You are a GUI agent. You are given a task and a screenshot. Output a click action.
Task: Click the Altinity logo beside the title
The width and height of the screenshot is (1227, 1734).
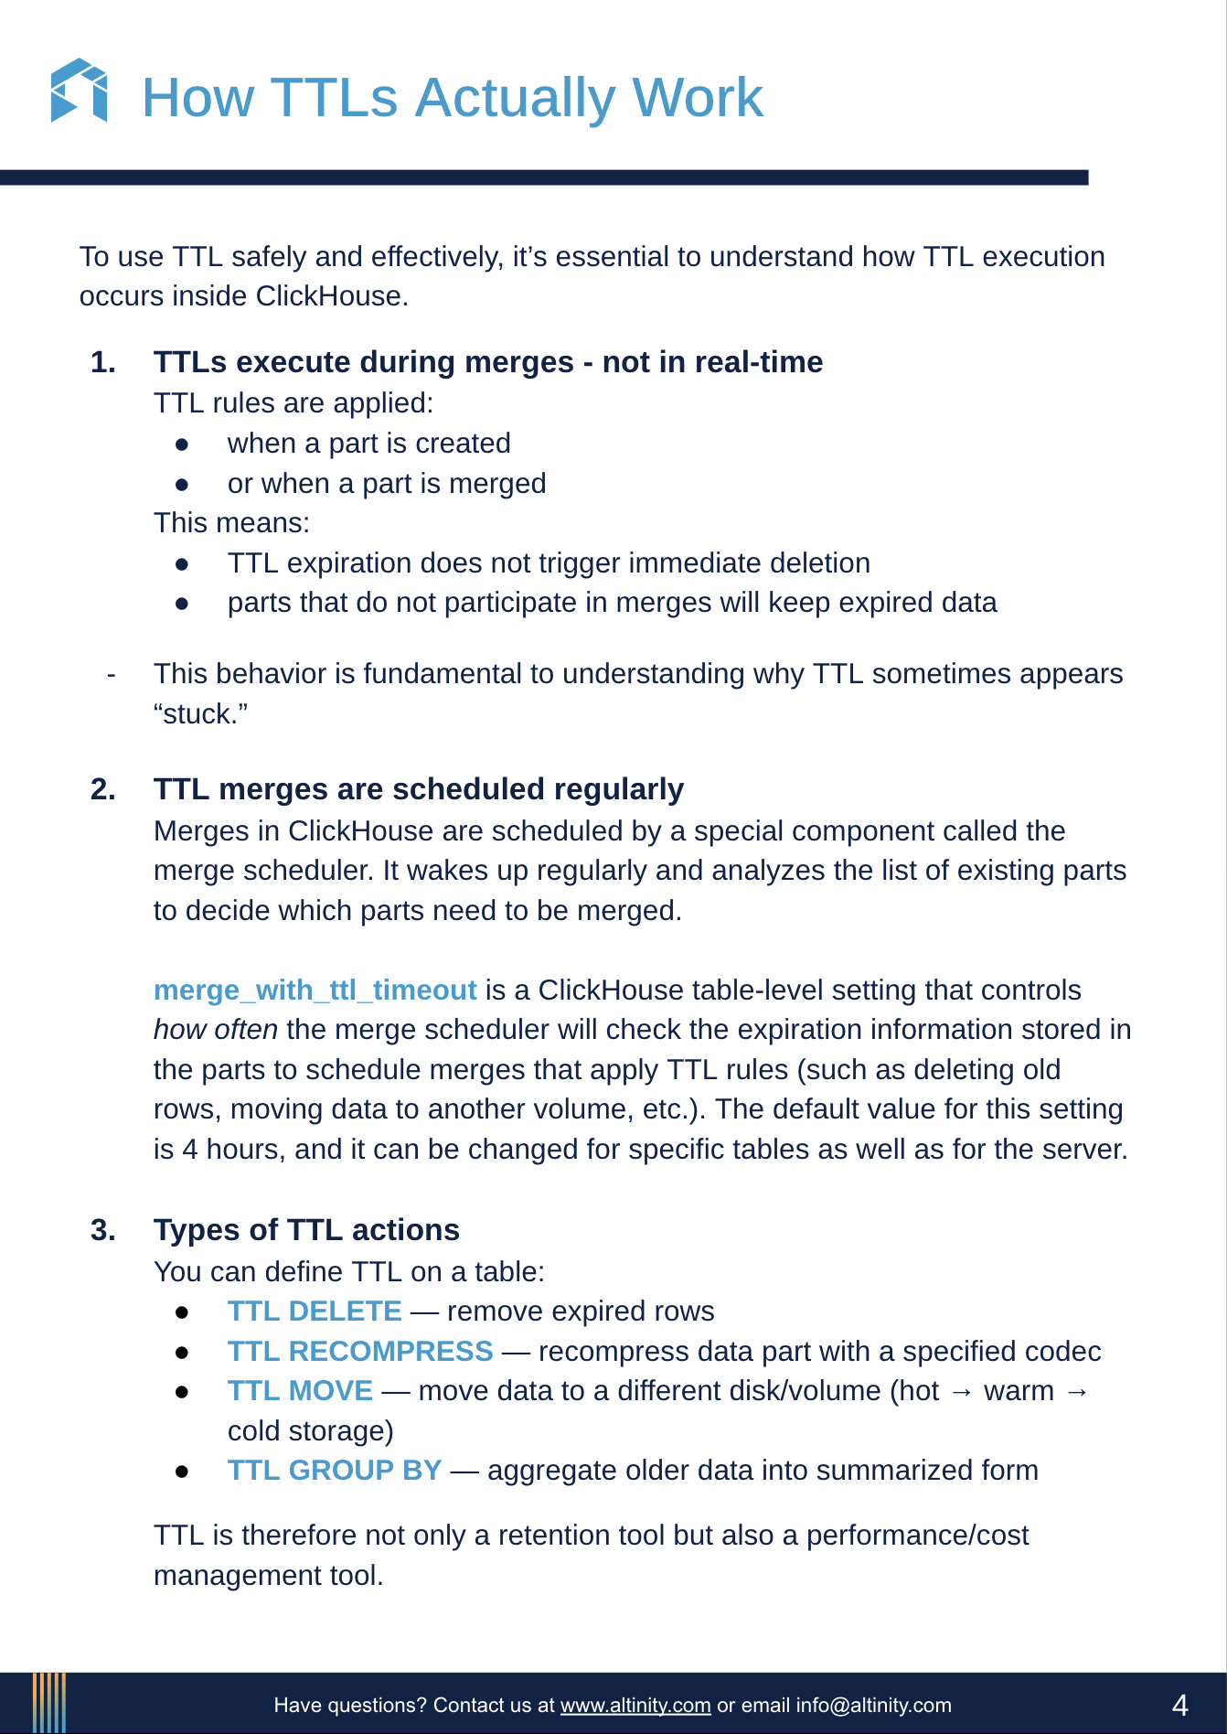point(79,91)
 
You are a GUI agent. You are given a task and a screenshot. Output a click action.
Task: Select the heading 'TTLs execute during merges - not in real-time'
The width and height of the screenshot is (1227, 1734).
point(487,362)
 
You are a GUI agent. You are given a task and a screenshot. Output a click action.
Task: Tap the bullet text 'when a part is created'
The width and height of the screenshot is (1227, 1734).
point(368,444)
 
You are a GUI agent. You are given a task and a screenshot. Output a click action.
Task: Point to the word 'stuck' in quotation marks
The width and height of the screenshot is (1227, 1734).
point(201,714)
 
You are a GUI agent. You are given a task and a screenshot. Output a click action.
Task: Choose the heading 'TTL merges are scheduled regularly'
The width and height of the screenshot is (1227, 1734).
point(418,789)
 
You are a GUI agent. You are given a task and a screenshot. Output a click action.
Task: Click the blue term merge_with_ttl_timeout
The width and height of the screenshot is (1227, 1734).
point(315,990)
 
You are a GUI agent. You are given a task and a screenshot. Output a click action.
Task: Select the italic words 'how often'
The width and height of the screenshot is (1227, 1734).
point(215,1030)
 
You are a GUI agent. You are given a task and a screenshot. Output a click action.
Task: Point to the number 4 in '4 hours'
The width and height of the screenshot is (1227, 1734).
point(190,1150)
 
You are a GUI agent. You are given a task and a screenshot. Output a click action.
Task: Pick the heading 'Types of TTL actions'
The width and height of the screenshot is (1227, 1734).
point(306,1230)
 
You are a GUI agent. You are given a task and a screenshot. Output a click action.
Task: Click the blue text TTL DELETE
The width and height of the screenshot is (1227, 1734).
point(315,1311)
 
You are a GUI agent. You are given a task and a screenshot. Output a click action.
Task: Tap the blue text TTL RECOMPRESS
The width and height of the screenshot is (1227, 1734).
point(359,1352)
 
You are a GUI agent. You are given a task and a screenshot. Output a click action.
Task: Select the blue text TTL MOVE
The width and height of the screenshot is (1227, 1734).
point(300,1391)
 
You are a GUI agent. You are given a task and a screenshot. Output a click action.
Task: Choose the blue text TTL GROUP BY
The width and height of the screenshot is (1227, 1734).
point(334,1471)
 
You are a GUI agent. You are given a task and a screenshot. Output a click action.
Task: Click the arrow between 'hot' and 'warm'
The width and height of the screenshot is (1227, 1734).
point(961,1392)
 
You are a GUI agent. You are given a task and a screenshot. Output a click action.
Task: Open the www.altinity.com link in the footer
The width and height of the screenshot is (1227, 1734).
point(635,1706)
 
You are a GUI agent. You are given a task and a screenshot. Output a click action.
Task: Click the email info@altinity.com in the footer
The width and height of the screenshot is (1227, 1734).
point(873,1706)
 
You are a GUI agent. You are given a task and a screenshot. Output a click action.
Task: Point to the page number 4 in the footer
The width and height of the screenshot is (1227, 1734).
point(1179,1706)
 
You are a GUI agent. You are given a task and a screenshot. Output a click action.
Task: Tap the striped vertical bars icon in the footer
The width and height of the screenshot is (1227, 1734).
point(49,1703)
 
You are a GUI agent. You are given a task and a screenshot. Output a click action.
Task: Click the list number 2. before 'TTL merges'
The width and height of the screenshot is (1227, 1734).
point(103,789)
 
